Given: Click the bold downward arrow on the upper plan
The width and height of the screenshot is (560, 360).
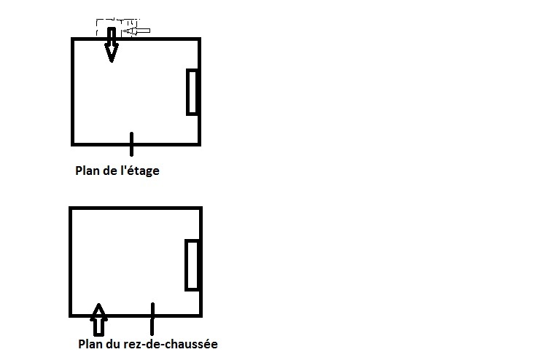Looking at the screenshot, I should coord(111,45).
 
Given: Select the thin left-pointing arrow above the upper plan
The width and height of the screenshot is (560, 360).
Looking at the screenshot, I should coord(137,31).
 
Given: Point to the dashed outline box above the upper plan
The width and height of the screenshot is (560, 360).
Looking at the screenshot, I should coord(117,28).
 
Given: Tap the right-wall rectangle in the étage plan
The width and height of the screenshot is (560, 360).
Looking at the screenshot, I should coord(192,92).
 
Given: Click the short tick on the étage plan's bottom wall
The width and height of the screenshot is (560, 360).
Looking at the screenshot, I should coord(131,144).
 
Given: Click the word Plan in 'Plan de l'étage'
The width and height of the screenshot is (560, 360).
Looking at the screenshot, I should coord(87,171).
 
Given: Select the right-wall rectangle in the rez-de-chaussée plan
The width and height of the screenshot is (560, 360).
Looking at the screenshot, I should coord(192,265).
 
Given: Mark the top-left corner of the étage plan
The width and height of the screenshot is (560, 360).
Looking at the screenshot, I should coord(73,39).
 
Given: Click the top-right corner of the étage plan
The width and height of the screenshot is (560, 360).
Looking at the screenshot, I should coord(199,39).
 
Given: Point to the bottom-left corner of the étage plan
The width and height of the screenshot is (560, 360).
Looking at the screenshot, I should coord(73,144).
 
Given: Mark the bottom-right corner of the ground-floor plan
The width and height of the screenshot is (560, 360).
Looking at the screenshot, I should coord(200,316).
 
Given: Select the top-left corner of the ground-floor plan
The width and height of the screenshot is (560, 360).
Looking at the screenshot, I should coord(71,208).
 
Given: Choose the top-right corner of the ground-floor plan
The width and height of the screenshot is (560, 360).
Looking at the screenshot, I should coord(200,208).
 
